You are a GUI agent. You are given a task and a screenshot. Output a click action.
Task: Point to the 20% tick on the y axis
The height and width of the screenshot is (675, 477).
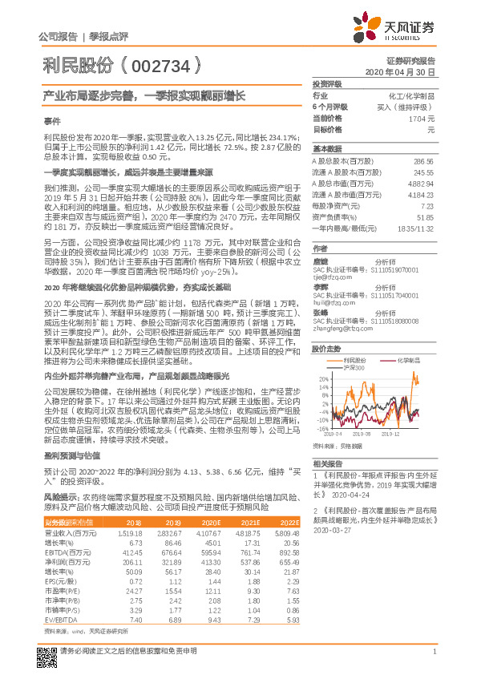[x=321, y=378]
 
